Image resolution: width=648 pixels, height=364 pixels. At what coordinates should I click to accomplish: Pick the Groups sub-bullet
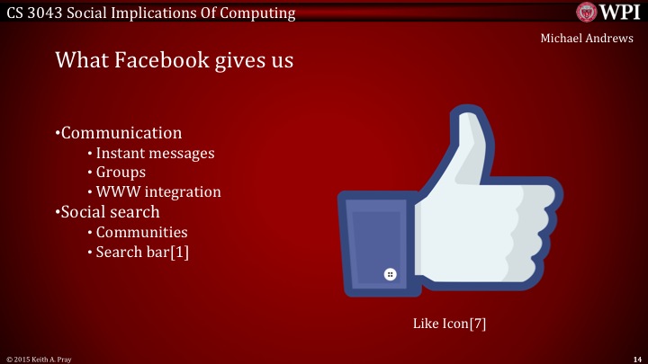tap(121, 172)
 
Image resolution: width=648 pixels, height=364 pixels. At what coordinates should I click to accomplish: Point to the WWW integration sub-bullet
tap(158, 191)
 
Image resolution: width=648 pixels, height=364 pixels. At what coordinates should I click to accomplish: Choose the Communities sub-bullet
tap(141, 233)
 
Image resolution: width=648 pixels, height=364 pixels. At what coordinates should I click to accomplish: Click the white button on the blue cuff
tap(390, 274)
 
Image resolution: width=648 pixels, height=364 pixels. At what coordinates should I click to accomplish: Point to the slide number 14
tap(636, 359)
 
